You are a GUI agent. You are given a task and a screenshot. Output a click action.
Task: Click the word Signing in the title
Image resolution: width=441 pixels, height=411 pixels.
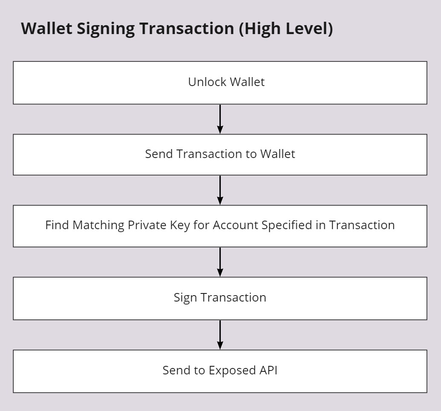point(106,29)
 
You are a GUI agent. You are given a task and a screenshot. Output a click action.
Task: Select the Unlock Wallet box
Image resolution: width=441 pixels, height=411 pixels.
point(220,83)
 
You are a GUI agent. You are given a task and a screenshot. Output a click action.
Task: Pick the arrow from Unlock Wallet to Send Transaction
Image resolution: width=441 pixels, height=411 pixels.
point(220,119)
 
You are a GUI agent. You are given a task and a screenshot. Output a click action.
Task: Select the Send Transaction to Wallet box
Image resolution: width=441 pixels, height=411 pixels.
point(220,155)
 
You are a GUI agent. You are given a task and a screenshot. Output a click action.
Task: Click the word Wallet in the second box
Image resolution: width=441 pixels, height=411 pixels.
point(277,154)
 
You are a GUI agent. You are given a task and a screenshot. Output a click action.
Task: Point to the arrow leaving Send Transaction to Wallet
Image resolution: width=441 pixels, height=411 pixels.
point(220,190)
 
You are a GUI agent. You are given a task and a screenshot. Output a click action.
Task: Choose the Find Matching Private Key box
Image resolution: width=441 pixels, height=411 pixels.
point(220,226)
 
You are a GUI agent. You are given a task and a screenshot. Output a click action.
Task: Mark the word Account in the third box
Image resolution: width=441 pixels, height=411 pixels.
point(235,225)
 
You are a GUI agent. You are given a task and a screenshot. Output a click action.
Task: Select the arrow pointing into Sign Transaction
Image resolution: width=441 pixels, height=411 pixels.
point(220,262)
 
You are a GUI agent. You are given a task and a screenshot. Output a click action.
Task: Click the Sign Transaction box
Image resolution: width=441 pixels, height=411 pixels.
point(220,298)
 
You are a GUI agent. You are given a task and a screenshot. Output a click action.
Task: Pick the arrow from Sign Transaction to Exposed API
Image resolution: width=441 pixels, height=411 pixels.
point(220,335)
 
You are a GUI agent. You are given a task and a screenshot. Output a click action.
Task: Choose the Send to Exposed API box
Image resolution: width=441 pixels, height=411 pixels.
point(220,371)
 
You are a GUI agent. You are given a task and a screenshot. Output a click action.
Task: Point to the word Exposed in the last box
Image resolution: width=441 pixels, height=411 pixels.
point(232,371)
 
